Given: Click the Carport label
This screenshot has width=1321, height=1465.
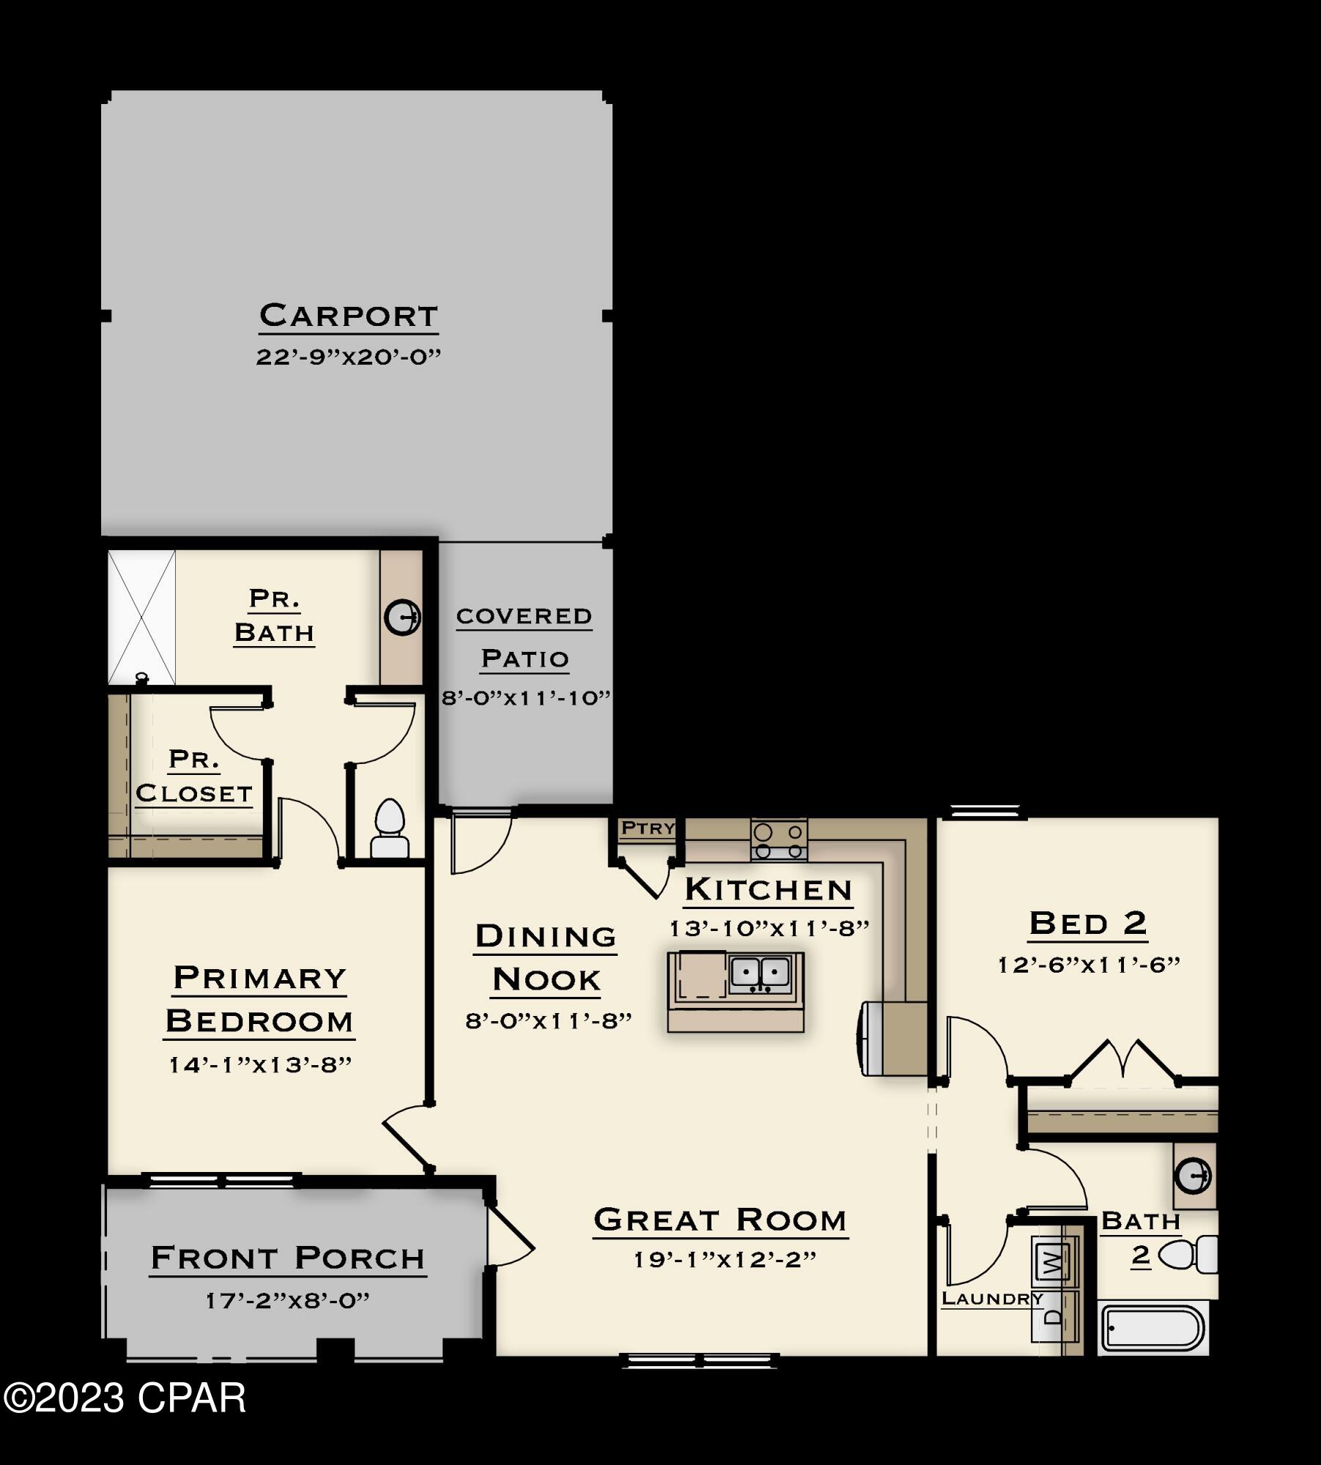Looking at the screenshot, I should [348, 316].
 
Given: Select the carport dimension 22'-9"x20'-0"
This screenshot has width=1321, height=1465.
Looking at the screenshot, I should [348, 357].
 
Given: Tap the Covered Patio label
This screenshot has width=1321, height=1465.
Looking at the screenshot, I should [524, 637].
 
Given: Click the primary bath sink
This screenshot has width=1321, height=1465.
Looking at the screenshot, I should [402, 616].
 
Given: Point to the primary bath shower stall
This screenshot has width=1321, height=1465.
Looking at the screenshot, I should [141, 617].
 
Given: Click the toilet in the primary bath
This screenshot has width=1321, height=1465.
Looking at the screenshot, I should [389, 828].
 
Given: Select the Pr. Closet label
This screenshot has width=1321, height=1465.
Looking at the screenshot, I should [194, 776].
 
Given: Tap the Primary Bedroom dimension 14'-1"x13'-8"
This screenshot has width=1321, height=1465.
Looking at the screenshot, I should [260, 1064].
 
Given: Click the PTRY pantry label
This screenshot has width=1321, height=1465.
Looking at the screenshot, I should [648, 828].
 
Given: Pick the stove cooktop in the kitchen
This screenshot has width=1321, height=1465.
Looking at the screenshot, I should [779, 839].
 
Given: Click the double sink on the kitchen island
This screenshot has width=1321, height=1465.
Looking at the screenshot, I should [761, 973].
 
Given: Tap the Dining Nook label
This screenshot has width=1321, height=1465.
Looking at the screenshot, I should [546, 957].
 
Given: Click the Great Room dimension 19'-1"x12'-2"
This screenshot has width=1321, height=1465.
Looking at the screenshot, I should [724, 1259].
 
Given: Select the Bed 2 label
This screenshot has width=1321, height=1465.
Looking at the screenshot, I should [1087, 923].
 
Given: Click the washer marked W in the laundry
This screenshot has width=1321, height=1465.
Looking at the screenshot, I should [1052, 1261].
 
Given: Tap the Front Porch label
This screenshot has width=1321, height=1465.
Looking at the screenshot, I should [288, 1258].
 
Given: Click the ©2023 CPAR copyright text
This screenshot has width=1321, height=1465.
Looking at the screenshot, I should [125, 1398].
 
